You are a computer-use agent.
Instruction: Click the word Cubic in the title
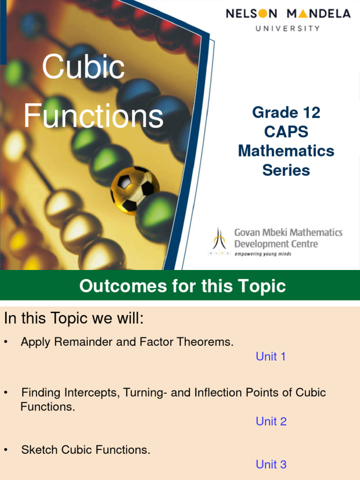point(83,67)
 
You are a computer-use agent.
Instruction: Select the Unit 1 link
point(270,357)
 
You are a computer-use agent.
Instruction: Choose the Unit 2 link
point(271,421)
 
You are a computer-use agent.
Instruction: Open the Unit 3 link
point(271,465)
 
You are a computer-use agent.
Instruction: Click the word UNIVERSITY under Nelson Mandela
point(288,28)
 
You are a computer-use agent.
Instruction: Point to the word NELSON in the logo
point(253,14)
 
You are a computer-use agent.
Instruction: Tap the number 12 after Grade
point(310,112)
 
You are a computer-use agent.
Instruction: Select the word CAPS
point(286,132)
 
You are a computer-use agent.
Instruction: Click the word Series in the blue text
point(286,170)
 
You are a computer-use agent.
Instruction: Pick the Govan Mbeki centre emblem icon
point(219,240)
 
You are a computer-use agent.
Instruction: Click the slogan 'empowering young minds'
point(262,254)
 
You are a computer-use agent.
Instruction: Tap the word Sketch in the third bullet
point(38,450)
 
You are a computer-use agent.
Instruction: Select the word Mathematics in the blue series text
point(286,151)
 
